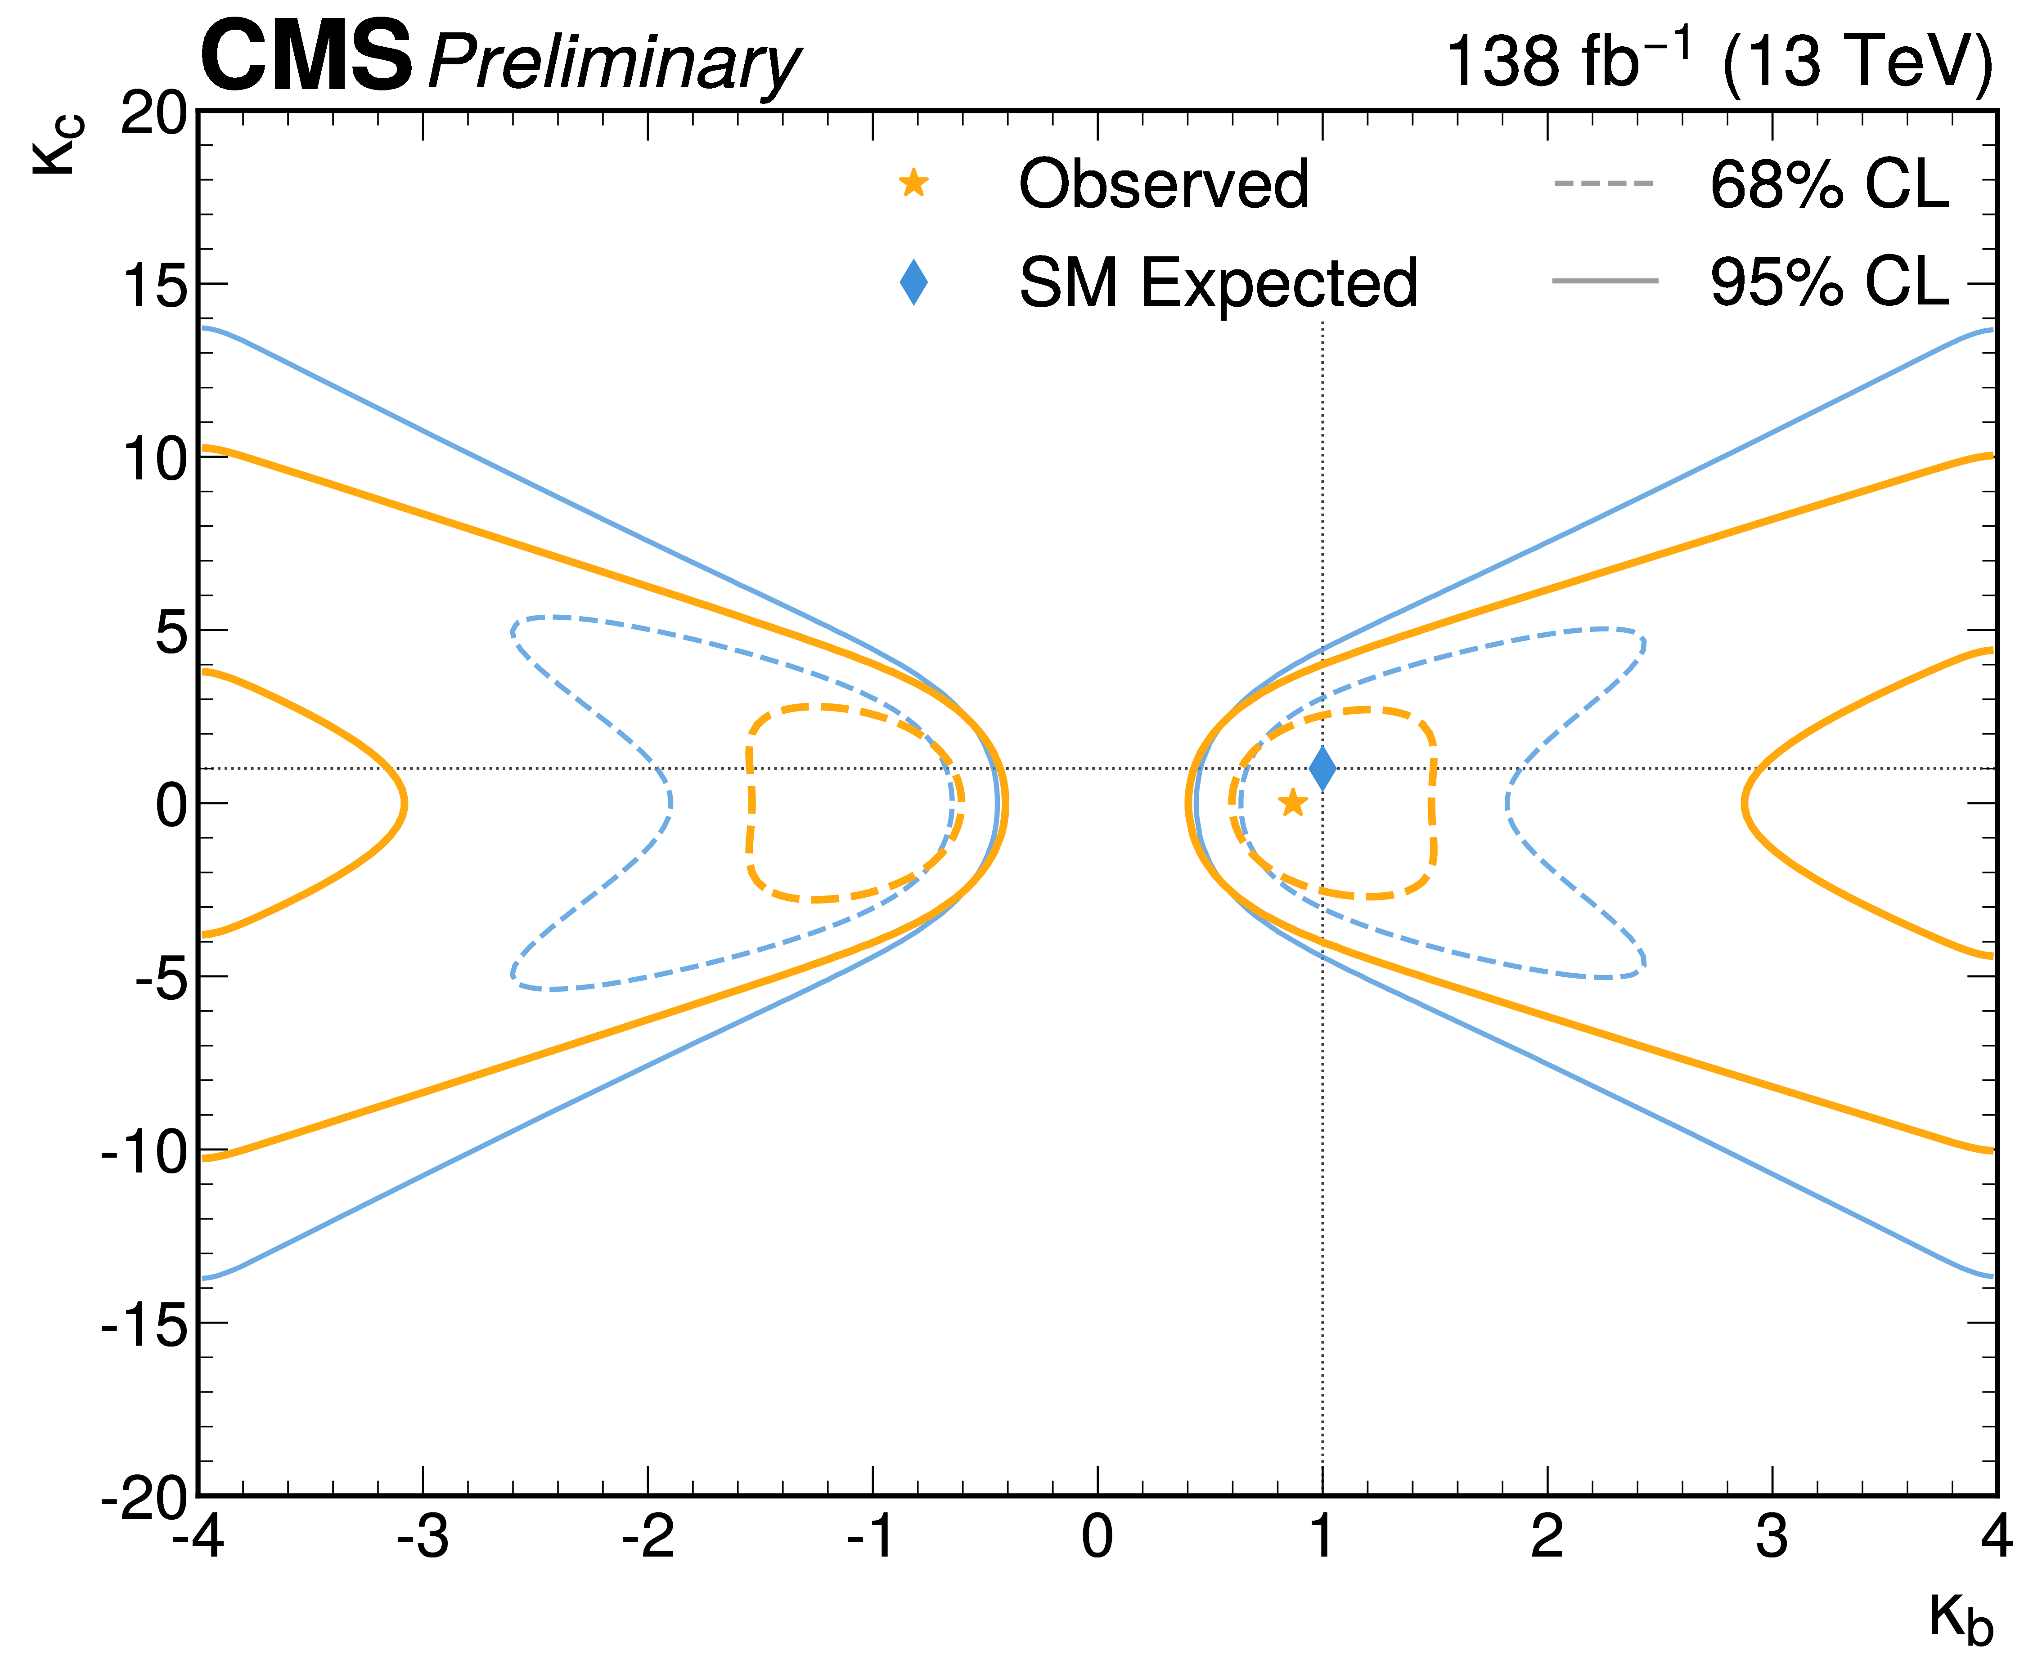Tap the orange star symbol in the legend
(913, 183)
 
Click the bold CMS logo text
(306, 58)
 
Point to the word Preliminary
(614, 63)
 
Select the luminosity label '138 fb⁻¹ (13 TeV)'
(1718, 62)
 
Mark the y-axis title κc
(58, 144)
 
